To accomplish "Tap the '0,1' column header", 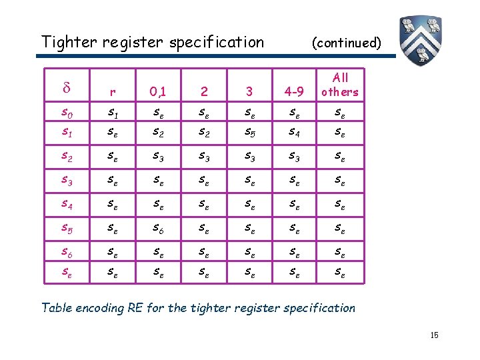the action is [x=157, y=91].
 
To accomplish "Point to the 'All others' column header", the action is [x=339, y=85].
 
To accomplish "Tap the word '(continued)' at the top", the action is [x=347, y=43].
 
